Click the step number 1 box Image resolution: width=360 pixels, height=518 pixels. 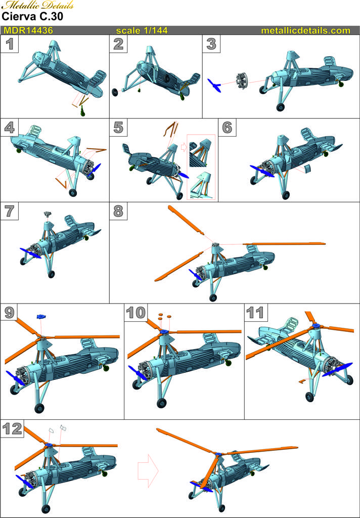tap(9, 44)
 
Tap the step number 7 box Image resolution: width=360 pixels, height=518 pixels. tap(9, 211)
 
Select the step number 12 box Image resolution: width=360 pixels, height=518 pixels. tap(12, 429)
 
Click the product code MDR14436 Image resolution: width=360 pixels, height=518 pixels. tap(28, 30)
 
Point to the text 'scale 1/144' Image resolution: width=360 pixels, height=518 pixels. tap(142, 30)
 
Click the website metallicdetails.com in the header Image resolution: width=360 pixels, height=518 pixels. tap(305, 30)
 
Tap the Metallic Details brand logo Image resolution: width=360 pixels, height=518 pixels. tap(37, 5)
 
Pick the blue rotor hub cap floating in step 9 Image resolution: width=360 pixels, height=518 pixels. tap(41, 317)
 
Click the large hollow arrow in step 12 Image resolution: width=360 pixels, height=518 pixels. tap(148, 470)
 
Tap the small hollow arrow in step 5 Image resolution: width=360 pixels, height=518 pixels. tap(184, 148)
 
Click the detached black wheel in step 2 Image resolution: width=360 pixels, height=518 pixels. tap(115, 92)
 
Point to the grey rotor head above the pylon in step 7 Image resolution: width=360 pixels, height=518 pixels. tap(49, 214)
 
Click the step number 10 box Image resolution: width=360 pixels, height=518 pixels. tap(136, 312)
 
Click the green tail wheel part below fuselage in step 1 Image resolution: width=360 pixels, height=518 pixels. tap(83, 112)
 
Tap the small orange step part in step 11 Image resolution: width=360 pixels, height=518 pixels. tap(301, 381)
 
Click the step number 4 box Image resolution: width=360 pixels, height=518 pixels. tap(9, 127)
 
